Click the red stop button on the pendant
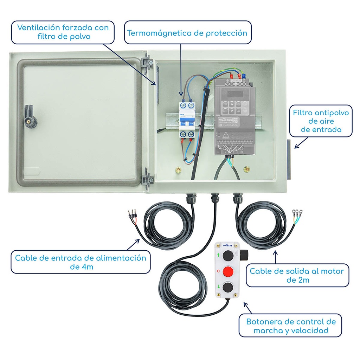click(x=228, y=271)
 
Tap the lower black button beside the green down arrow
click(x=228, y=287)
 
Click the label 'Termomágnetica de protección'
click(x=187, y=33)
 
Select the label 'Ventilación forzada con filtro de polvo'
click(x=63, y=32)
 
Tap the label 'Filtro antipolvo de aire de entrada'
click(x=321, y=121)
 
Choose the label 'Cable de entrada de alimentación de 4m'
click(x=81, y=262)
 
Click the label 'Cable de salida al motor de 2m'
click(x=297, y=275)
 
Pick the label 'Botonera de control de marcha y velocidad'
click(x=291, y=326)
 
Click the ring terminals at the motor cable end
click(x=297, y=212)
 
